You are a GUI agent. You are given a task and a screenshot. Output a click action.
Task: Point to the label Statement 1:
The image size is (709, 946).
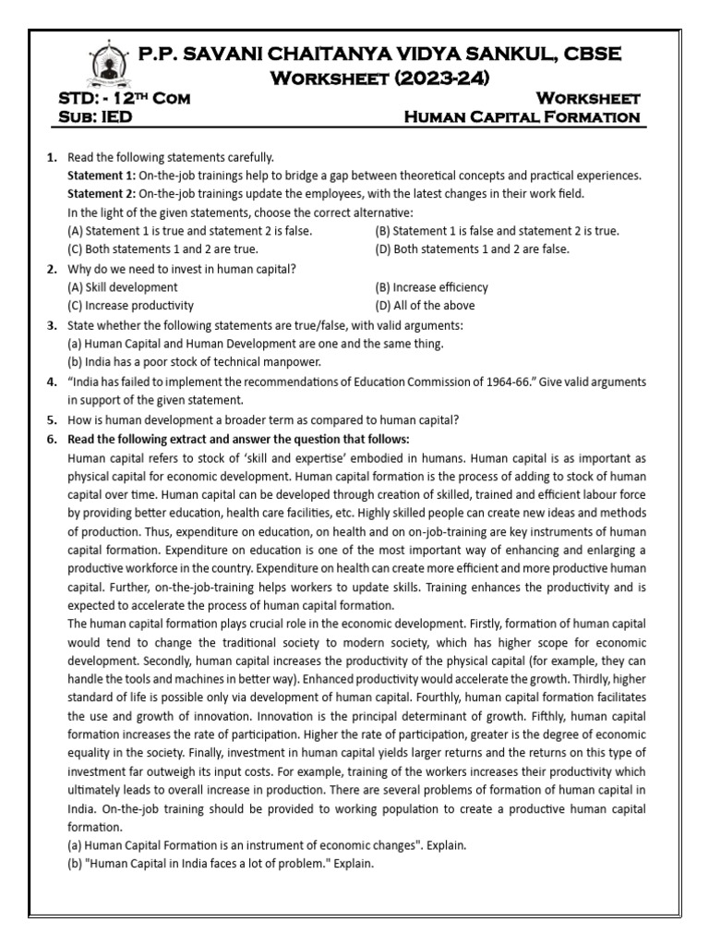point(101,176)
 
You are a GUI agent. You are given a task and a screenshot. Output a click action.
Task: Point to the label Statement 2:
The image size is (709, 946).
point(101,194)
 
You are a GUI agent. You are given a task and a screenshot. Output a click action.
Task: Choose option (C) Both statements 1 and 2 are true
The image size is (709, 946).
point(163,249)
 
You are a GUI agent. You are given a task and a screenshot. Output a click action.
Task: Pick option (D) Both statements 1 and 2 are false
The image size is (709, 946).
point(472,249)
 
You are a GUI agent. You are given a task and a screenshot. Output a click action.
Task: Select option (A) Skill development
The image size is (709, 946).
point(123,287)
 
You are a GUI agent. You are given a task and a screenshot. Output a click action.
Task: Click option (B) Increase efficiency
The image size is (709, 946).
point(431,287)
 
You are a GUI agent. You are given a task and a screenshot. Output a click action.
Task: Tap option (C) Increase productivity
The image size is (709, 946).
point(131,306)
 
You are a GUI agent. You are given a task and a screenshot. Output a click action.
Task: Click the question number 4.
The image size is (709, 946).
point(52,382)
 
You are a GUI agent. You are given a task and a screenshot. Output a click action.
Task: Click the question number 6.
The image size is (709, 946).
point(52,438)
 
